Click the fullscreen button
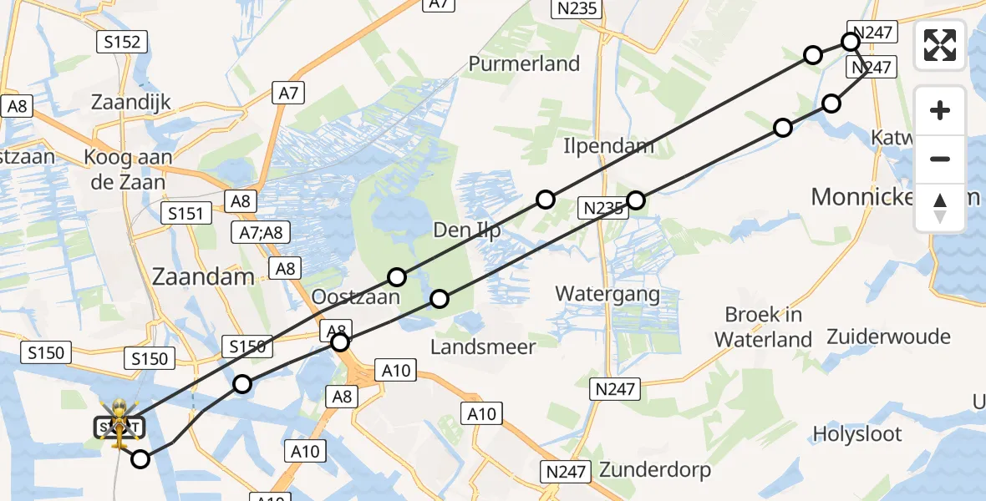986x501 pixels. pos(940,45)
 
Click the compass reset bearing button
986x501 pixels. pos(940,208)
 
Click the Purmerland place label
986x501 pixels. pos(524,63)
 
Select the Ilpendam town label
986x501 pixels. pos(608,147)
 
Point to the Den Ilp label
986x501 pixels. pos(467,230)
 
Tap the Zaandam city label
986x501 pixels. pos(202,276)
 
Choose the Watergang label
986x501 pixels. pos(607,294)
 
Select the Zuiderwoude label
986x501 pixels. pos(889,337)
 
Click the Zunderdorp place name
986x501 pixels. pos(654,470)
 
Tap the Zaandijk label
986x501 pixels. pos(131,103)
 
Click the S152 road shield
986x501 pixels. pos(122,42)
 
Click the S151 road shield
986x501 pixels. pos(185,214)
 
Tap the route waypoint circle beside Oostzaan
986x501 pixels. pos(397,276)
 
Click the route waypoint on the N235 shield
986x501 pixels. pos(636,200)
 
